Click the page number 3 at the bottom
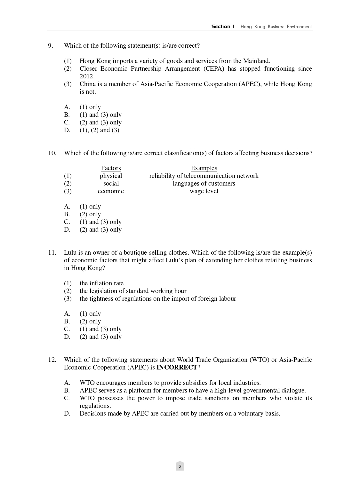coord(180,466)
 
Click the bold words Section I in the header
coord(223,27)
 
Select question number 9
coord(51,46)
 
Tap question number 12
coord(52,360)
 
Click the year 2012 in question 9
coord(87,76)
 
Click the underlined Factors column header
coord(111,168)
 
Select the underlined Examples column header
coord(204,168)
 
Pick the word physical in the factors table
coord(111,176)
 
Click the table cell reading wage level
coord(204,191)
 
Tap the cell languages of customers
coord(204,184)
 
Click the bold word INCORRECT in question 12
coord(177,368)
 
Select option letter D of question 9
coord(67,130)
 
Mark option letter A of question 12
coord(67,383)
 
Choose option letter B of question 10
coord(67,214)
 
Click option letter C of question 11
coord(67,329)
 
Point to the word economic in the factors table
coord(111,191)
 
